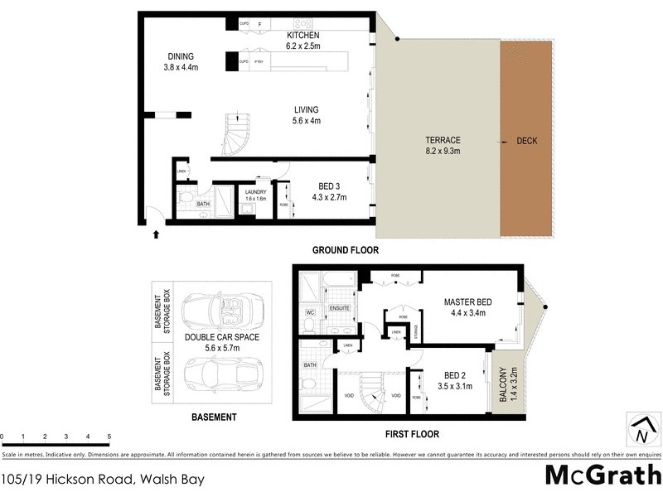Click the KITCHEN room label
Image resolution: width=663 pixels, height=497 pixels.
[x=303, y=36]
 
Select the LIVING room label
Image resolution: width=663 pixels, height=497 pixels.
[x=306, y=109]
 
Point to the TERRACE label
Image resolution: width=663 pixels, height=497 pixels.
[x=438, y=140]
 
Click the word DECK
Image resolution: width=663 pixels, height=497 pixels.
[x=526, y=141]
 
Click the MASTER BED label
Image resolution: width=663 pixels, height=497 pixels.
[x=469, y=302]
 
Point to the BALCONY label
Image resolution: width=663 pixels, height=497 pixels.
[x=504, y=385]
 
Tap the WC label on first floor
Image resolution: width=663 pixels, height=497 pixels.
[x=310, y=312]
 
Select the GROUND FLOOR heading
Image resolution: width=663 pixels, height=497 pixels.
[x=345, y=249]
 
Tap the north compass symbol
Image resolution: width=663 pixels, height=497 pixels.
[x=641, y=430]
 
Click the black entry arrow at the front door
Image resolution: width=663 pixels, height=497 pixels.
[x=156, y=235]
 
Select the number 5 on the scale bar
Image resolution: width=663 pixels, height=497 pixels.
[x=109, y=436]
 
